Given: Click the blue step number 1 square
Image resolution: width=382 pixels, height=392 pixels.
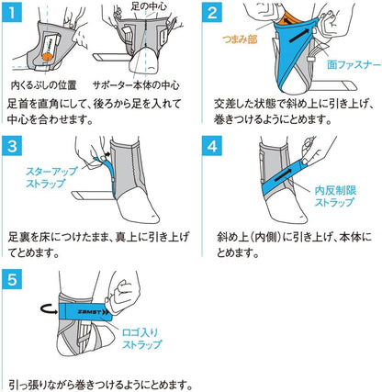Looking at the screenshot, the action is [x=12, y=12].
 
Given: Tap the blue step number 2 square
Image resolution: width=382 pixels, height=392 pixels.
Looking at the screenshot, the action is [x=212, y=12].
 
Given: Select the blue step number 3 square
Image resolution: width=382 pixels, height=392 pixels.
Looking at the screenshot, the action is [x=12, y=146].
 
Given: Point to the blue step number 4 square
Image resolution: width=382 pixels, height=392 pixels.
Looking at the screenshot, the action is [x=212, y=146].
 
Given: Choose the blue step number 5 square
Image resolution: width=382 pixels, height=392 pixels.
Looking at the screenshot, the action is [x=12, y=279].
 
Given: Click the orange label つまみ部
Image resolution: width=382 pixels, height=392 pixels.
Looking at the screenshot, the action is [x=241, y=39].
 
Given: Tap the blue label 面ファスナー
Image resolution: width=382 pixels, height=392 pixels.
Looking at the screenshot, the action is [x=354, y=65].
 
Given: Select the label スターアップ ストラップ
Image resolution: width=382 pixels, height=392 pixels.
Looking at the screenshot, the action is [x=51, y=177].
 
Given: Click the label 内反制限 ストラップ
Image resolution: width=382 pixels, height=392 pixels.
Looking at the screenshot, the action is [x=335, y=196].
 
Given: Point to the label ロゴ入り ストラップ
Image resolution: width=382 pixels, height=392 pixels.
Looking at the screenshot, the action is [x=141, y=339].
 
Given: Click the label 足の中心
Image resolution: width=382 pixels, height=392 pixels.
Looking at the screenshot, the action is [x=149, y=6].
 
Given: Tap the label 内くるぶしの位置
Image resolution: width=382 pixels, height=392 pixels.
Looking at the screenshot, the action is [x=43, y=85].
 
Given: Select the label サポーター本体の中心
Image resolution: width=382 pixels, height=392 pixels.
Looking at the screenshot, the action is [x=136, y=85].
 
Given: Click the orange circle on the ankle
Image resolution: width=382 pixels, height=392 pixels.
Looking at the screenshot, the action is [x=47, y=57].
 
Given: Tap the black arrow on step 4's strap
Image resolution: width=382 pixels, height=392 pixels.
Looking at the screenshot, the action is [x=284, y=177].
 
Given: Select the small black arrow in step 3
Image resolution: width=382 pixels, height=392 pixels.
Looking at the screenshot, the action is [x=107, y=155].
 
